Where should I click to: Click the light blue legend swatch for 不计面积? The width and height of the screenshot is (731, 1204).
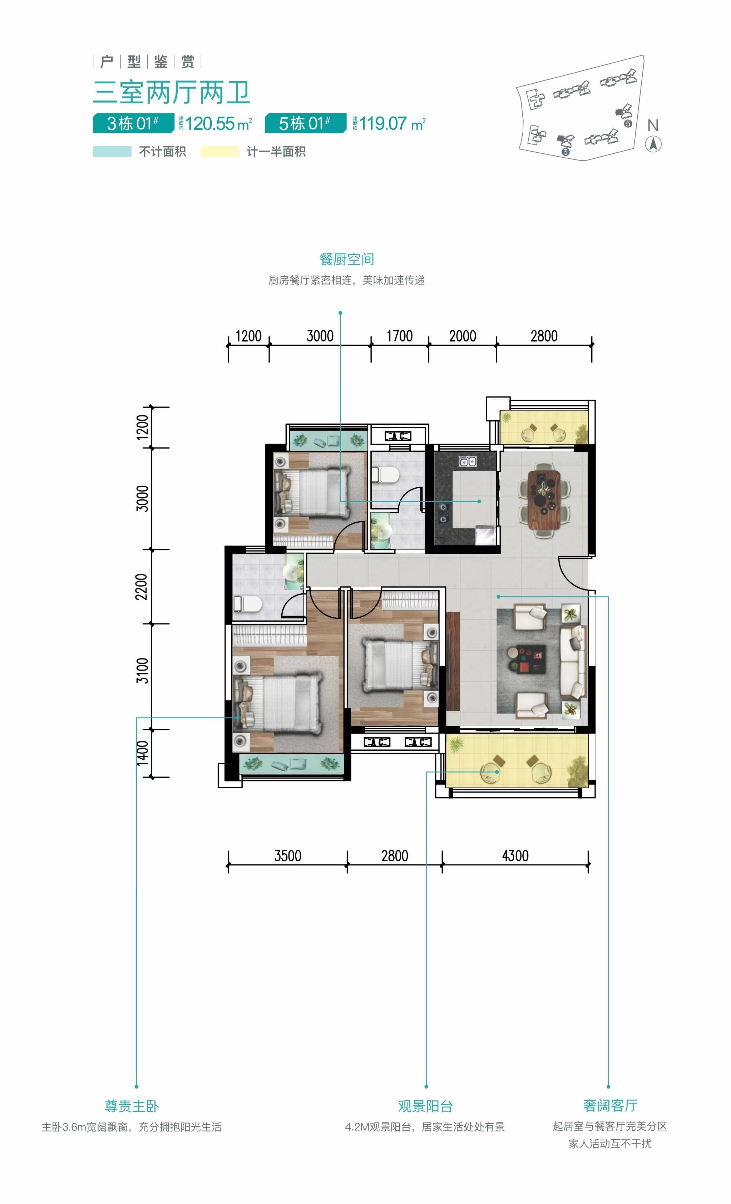112,152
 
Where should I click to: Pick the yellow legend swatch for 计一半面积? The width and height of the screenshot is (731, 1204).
220,152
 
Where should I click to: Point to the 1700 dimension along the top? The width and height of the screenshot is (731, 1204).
400,336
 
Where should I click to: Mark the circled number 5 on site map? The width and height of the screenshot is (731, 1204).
628,124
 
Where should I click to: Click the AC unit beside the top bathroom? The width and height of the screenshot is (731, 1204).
398,435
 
